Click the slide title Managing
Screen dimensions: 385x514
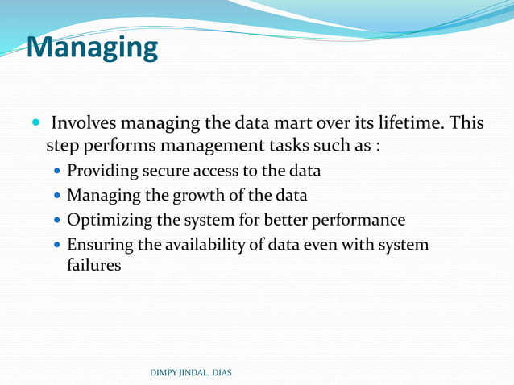point(93,47)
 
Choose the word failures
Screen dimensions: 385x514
point(94,265)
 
